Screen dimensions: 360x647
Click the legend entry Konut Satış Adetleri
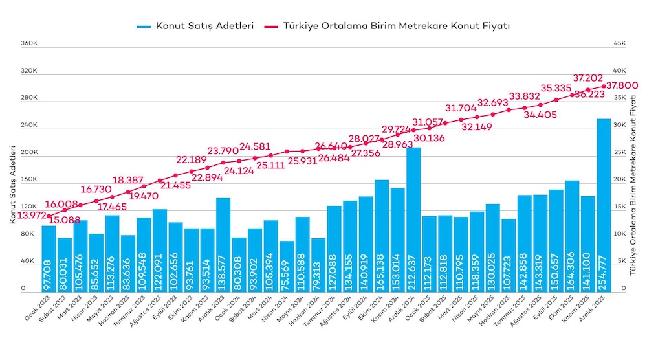click(x=195, y=27)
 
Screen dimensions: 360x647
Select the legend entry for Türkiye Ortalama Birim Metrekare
click(x=388, y=27)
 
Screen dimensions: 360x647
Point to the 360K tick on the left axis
click(x=29, y=44)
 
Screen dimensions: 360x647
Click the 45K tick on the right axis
click(x=620, y=44)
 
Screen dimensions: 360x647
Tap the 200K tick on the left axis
click(x=29, y=153)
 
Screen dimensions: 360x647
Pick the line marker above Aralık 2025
click(x=604, y=86)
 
